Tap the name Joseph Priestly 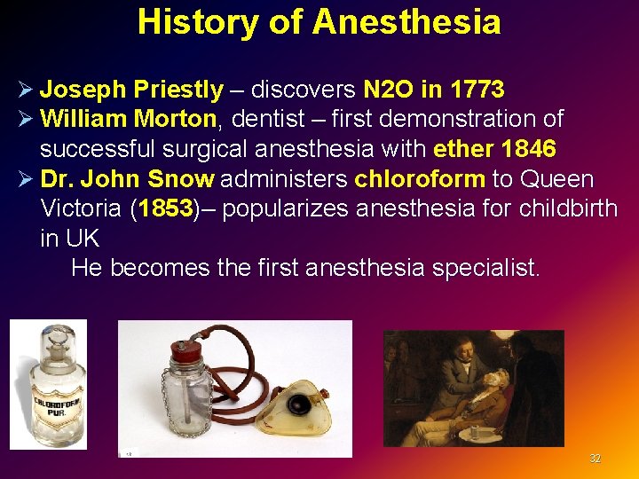(131, 90)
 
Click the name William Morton (128, 118)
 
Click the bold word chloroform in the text (419, 179)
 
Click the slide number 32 (595, 459)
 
